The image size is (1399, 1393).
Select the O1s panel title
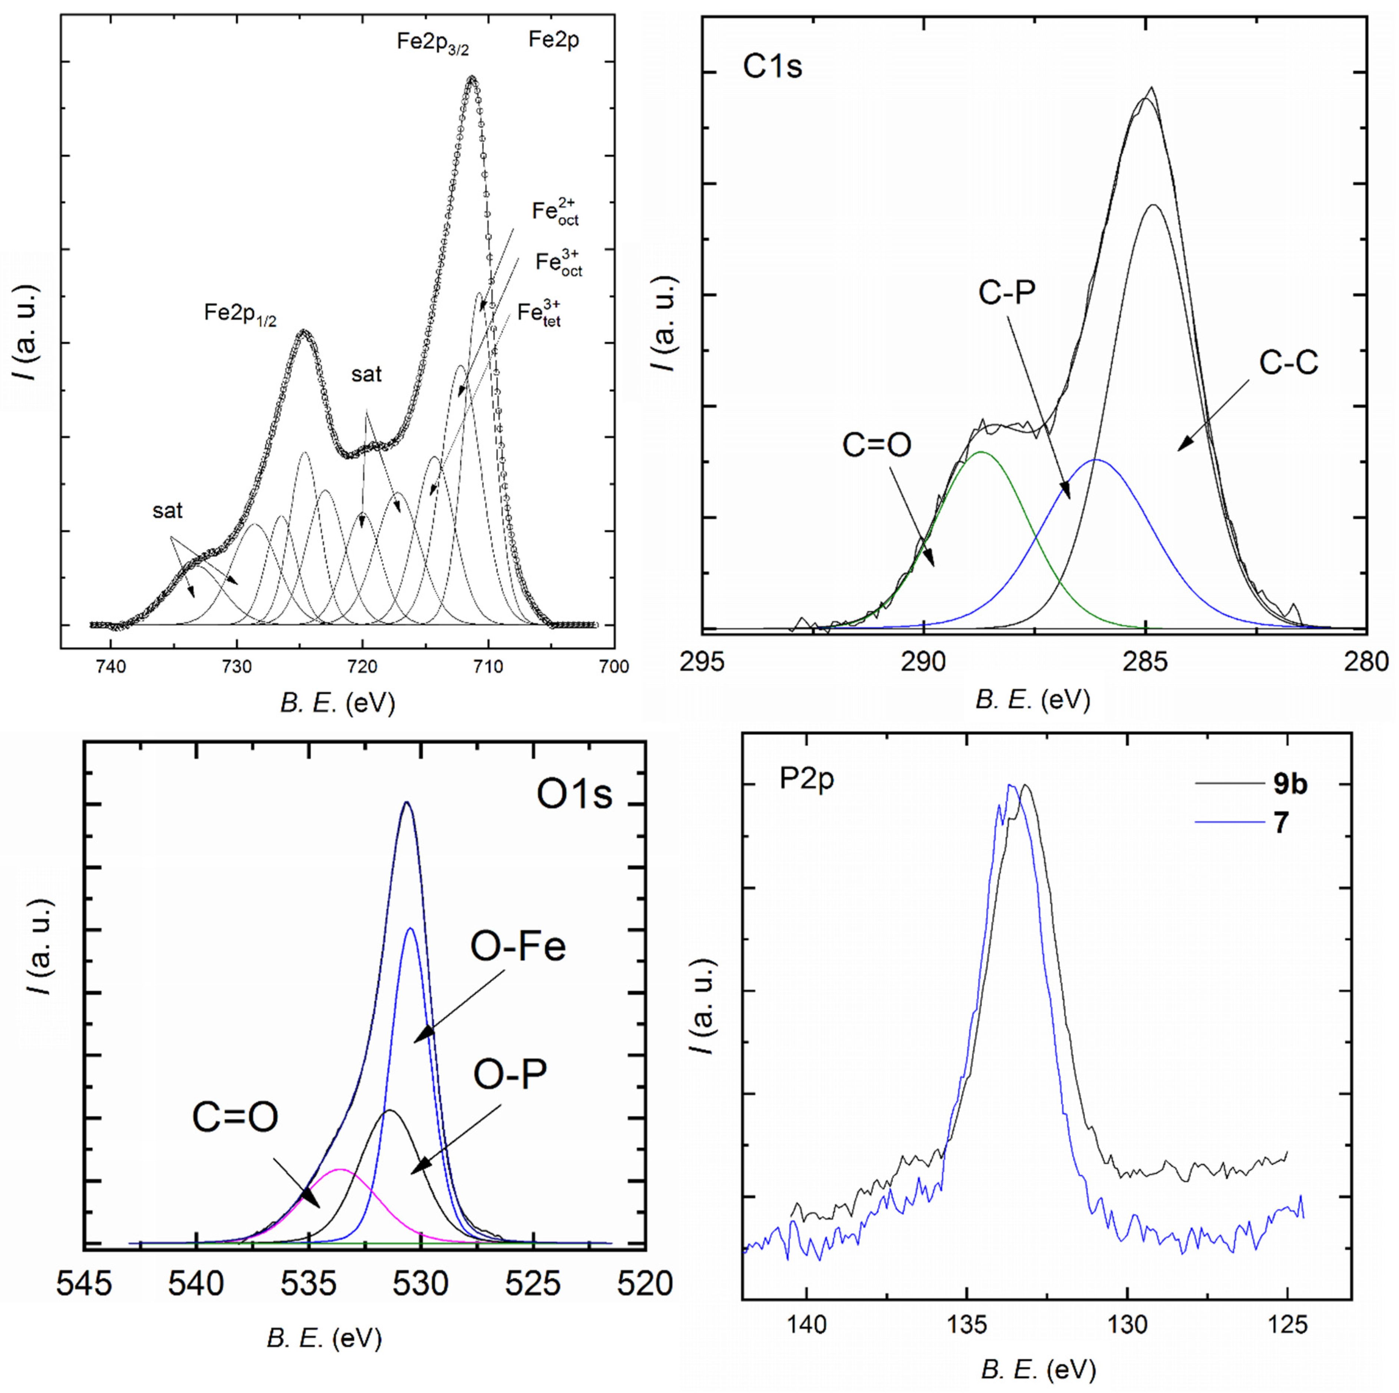(x=574, y=794)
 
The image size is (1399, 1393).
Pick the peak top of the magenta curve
(x=340, y=1169)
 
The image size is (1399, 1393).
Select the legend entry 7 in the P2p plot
(x=1281, y=823)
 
